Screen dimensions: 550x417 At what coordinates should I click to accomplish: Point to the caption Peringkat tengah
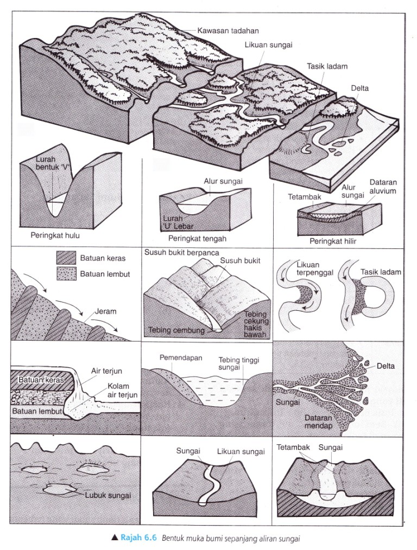point(197,238)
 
